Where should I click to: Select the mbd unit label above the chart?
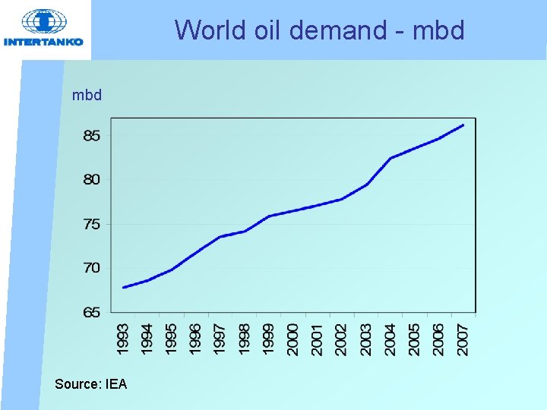pyautogui.click(x=87, y=96)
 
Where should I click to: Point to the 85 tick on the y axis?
pyautogui.click(x=92, y=137)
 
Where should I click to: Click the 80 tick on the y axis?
pyautogui.click(x=92, y=180)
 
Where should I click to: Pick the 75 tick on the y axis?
pyautogui.click(x=92, y=224)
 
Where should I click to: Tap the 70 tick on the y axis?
pyautogui.click(x=92, y=268)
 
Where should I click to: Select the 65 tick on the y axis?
pyautogui.click(x=92, y=312)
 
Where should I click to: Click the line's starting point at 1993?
pyautogui.click(x=123, y=287)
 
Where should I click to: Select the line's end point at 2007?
pyautogui.click(x=463, y=125)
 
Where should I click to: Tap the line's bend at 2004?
pyautogui.click(x=390, y=158)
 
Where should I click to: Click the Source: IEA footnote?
pyautogui.click(x=91, y=384)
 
